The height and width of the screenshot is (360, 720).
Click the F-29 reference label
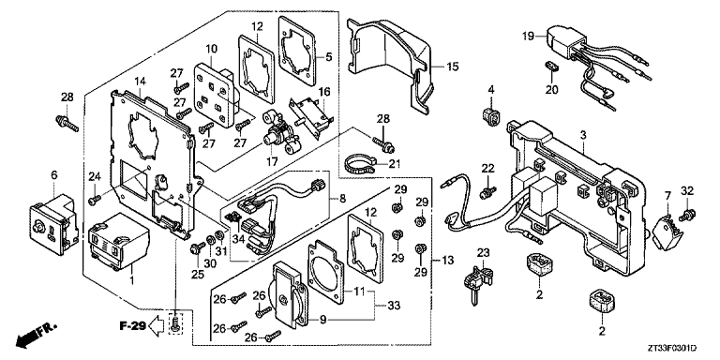pyautogui.click(x=133, y=326)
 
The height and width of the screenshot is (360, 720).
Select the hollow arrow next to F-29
pyautogui.click(x=157, y=326)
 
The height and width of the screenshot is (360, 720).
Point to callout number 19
pyautogui.click(x=528, y=35)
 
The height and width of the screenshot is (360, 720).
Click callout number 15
pyautogui.click(x=452, y=67)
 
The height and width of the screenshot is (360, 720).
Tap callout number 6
pyautogui.click(x=54, y=175)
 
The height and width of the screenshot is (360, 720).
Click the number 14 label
pyautogui.click(x=140, y=82)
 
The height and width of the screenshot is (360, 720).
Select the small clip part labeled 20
pyautogui.click(x=552, y=67)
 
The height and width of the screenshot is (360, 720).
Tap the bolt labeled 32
pyautogui.click(x=689, y=214)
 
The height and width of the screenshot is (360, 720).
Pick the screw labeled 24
pyautogui.click(x=96, y=200)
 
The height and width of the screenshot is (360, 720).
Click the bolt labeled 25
pyautogui.click(x=196, y=248)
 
